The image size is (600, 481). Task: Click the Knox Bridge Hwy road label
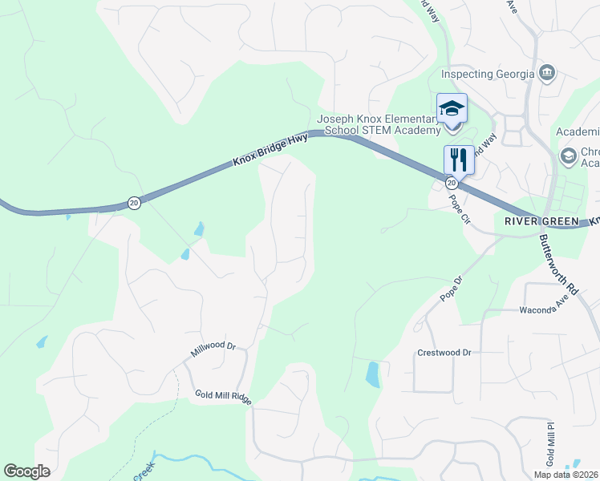[270, 150]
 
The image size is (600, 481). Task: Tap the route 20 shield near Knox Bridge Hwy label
[134, 203]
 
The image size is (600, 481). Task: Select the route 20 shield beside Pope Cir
[452, 183]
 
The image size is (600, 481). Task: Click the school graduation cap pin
[452, 108]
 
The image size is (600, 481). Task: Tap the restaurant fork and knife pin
[459, 159]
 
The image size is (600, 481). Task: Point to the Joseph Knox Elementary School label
[379, 124]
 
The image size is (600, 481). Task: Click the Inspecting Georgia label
[488, 75]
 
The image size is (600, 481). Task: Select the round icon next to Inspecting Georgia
[547, 74]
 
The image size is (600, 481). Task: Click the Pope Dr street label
[452, 289]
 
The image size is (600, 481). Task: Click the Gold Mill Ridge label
[223, 395]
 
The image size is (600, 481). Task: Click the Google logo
[27, 471]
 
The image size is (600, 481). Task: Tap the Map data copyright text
[566, 475]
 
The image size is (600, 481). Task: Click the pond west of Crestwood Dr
[373, 374]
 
